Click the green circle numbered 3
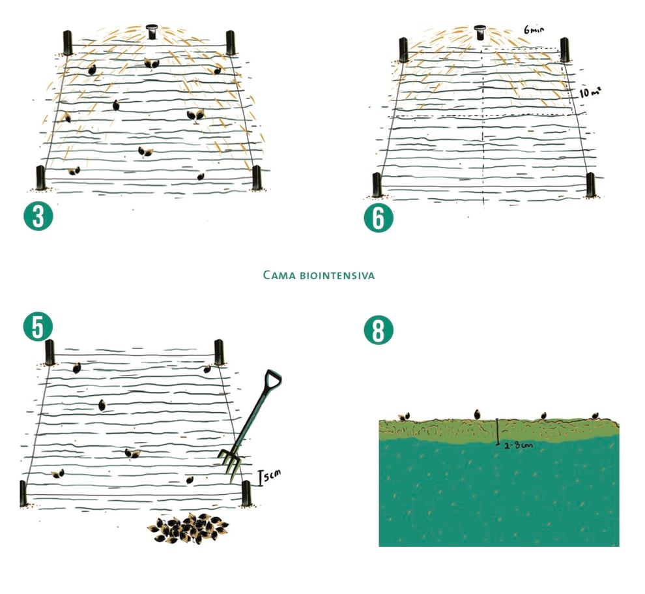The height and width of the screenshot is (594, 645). (38, 215)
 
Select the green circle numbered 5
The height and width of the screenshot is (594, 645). (38, 327)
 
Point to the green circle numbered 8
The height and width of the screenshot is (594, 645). (379, 330)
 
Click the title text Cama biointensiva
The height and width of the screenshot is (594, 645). (319, 275)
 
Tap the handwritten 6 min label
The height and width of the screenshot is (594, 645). (534, 29)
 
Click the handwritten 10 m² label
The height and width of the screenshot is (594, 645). (590, 92)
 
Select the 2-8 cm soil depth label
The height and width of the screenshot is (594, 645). (519, 445)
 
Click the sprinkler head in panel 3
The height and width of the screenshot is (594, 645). (152, 31)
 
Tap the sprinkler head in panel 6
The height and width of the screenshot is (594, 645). (480, 32)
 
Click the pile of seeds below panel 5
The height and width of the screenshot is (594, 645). (188, 529)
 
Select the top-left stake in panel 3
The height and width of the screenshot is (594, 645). (68, 42)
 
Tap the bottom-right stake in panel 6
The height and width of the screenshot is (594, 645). (591, 185)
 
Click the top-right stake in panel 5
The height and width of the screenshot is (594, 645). (220, 352)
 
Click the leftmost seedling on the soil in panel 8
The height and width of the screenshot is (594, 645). (404, 417)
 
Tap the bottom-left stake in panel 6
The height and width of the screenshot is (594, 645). (377, 185)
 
